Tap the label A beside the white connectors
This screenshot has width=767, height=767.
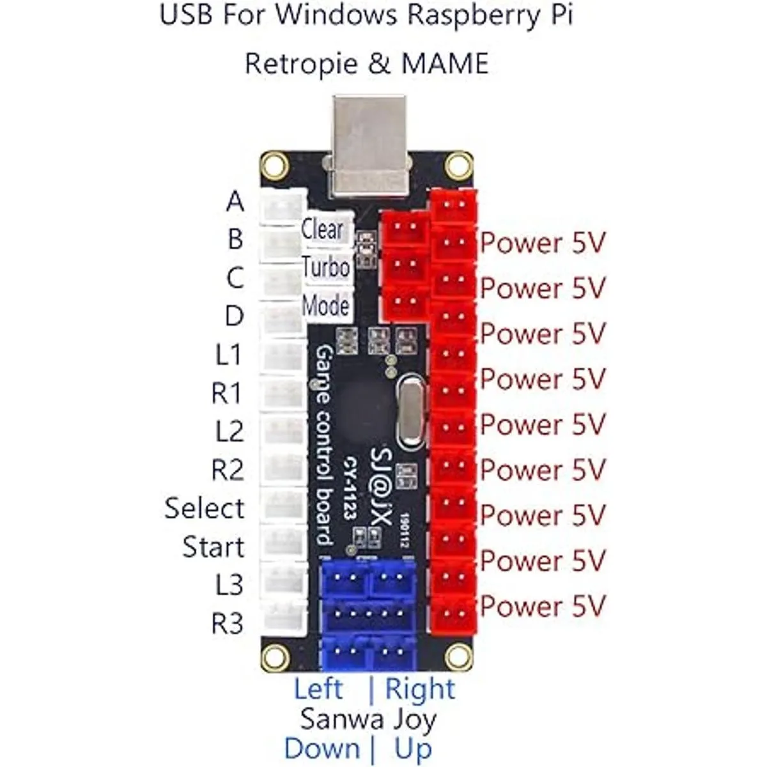(x=235, y=201)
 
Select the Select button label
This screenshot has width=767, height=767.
(x=205, y=508)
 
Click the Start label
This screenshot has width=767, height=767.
(x=213, y=547)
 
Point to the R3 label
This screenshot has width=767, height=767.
(x=227, y=623)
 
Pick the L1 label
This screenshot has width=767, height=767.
(x=228, y=355)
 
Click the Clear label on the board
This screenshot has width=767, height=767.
(x=323, y=228)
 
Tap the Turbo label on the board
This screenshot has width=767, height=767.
(x=326, y=267)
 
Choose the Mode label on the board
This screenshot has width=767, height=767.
(x=325, y=306)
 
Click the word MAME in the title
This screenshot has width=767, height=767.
(x=445, y=63)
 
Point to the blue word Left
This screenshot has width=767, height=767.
(x=318, y=689)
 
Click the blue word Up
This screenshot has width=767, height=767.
(x=413, y=748)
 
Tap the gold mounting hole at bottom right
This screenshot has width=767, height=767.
(x=458, y=655)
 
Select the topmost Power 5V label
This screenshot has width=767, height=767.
(x=543, y=243)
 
